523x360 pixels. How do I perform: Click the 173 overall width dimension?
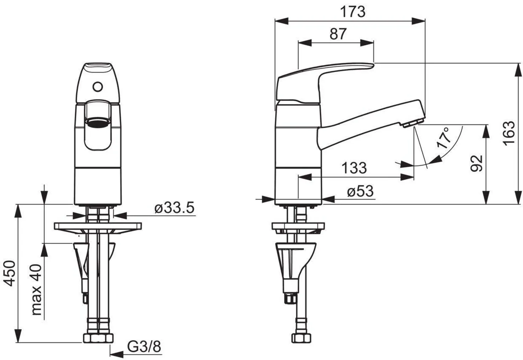pos(352,12)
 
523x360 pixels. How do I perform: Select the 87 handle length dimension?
pos(338,34)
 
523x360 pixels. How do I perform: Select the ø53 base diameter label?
pos(360,192)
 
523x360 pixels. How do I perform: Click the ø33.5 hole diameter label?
pos(175,207)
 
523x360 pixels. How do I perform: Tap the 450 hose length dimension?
pos(10,273)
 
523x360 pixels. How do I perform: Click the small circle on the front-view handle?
pos(97,87)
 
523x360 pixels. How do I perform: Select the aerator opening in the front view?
pos(97,123)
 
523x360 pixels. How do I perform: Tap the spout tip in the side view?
pos(412,123)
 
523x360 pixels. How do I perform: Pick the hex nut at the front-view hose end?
pos(98,338)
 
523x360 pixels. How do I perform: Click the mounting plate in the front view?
pos(98,226)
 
